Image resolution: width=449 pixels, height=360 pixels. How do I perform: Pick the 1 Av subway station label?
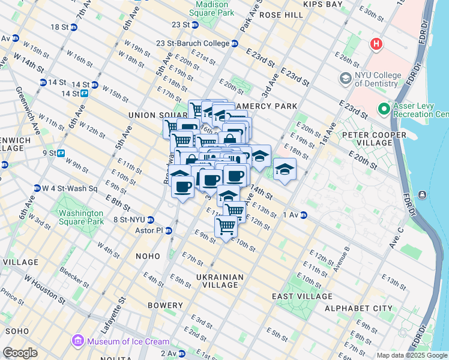(x=290, y=215)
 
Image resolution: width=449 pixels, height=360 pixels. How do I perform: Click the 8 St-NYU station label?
(x=130, y=220)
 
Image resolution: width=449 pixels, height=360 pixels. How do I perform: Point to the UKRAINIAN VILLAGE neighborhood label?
(x=220, y=281)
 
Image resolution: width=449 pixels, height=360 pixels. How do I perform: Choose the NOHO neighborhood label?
(x=148, y=256)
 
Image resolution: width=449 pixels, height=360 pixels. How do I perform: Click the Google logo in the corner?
(x=19, y=353)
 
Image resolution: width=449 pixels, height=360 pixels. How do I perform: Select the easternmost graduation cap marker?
(x=285, y=169)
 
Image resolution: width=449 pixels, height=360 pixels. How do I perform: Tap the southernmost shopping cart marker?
(x=226, y=227)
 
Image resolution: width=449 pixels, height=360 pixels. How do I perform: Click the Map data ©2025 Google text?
(x=411, y=355)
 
